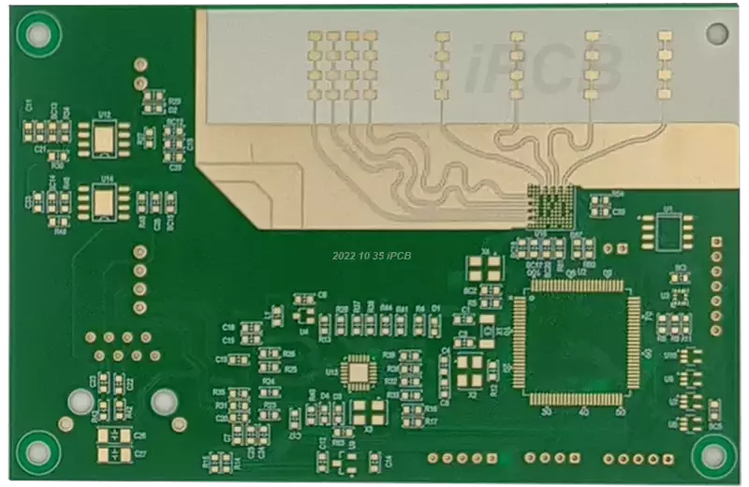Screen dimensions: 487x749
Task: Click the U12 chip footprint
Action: (x=105, y=140)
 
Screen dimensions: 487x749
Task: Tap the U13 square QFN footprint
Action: (x=359, y=372)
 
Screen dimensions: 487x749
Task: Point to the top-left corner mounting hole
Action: (x=38, y=36)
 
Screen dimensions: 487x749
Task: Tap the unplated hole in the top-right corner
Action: (x=716, y=34)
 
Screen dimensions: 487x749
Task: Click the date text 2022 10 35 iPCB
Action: (x=372, y=255)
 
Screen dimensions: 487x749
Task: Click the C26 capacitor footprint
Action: (x=113, y=435)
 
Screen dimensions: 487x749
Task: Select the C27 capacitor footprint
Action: (x=113, y=454)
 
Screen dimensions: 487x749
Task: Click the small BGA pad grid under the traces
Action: (x=550, y=203)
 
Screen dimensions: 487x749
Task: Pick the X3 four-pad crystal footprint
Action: (x=368, y=412)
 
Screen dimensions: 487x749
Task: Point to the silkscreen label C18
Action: (x=228, y=327)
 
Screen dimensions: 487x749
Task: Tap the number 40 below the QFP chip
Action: (x=582, y=412)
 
